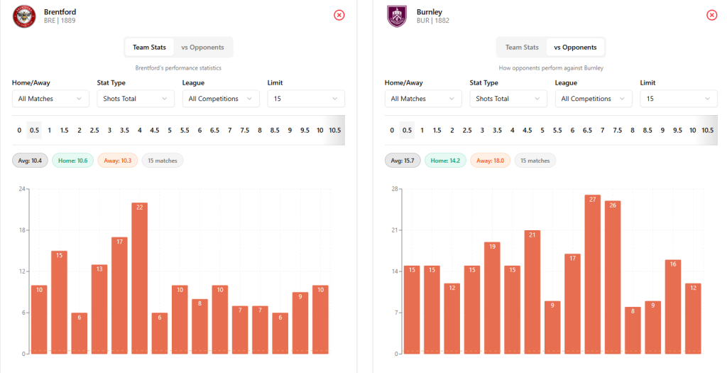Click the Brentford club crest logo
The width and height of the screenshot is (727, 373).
[x=24, y=16]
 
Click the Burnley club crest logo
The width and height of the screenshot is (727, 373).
[x=397, y=16]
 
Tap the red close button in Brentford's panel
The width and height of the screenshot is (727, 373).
[x=339, y=15]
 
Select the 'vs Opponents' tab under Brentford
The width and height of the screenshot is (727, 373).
[x=202, y=48]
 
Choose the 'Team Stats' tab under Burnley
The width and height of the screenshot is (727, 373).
[x=522, y=48]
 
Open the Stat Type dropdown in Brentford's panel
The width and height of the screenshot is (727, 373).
[x=136, y=99]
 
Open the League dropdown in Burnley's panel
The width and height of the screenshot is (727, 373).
[x=594, y=99]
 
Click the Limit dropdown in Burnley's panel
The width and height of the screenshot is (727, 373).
[x=679, y=99]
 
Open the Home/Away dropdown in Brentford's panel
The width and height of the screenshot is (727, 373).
[x=50, y=99]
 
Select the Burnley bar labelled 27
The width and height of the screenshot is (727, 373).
[x=593, y=274]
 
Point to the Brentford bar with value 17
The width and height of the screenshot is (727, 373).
[x=119, y=296]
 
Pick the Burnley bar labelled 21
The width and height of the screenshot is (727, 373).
[x=532, y=292]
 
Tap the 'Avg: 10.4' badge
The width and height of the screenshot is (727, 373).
[x=29, y=161]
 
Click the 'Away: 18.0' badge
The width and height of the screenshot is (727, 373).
[x=490, y=161]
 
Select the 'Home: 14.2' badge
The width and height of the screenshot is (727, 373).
[x=445, y=161]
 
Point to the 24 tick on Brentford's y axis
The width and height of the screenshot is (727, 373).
[x=22, y=189]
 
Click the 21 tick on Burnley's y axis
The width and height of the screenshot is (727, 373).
[x=395, y=230]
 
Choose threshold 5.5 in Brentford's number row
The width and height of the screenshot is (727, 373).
[x=185, y=131]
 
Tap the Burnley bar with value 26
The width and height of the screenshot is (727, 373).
[x=613, y=277]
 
